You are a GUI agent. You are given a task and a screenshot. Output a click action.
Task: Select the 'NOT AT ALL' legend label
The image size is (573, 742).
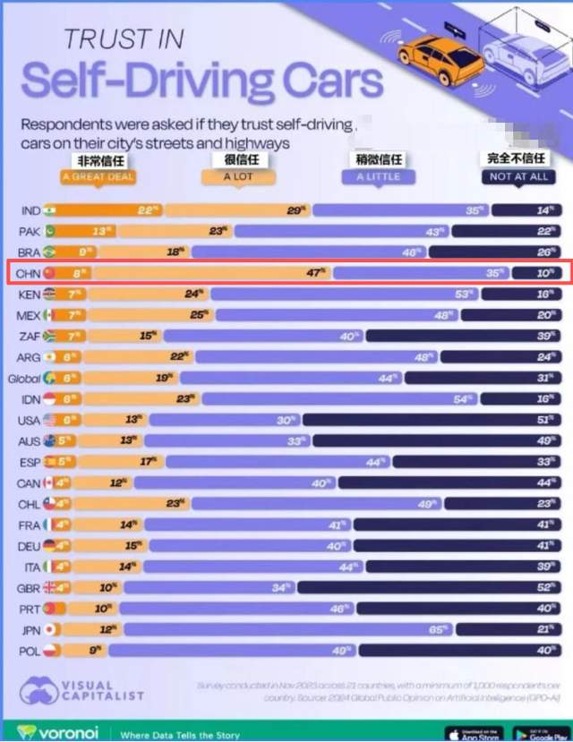coord(519,176)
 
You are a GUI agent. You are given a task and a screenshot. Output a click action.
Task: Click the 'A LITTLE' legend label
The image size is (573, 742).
coord(379,176)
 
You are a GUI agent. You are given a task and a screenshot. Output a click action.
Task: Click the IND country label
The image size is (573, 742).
coord(30,211)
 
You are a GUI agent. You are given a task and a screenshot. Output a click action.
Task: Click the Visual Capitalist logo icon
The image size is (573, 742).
coord(38,692)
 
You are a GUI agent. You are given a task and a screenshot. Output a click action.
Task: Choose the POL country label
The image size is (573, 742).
coord(30,650)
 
